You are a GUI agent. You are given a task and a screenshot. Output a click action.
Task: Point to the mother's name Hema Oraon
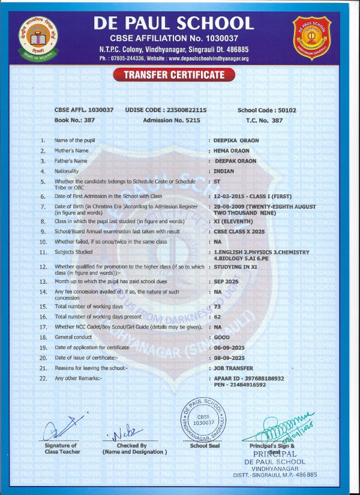232,151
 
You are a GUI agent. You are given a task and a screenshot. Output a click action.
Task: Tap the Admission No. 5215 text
172,121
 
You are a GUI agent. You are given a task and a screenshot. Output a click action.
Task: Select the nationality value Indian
224,171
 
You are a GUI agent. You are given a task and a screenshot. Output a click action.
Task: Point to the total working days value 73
217,306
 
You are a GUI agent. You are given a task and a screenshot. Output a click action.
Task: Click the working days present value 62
217,316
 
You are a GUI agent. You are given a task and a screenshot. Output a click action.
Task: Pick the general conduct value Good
221,337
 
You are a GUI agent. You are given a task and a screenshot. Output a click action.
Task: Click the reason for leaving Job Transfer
233,368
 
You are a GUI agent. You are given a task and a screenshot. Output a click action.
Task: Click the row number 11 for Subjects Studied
43,252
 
